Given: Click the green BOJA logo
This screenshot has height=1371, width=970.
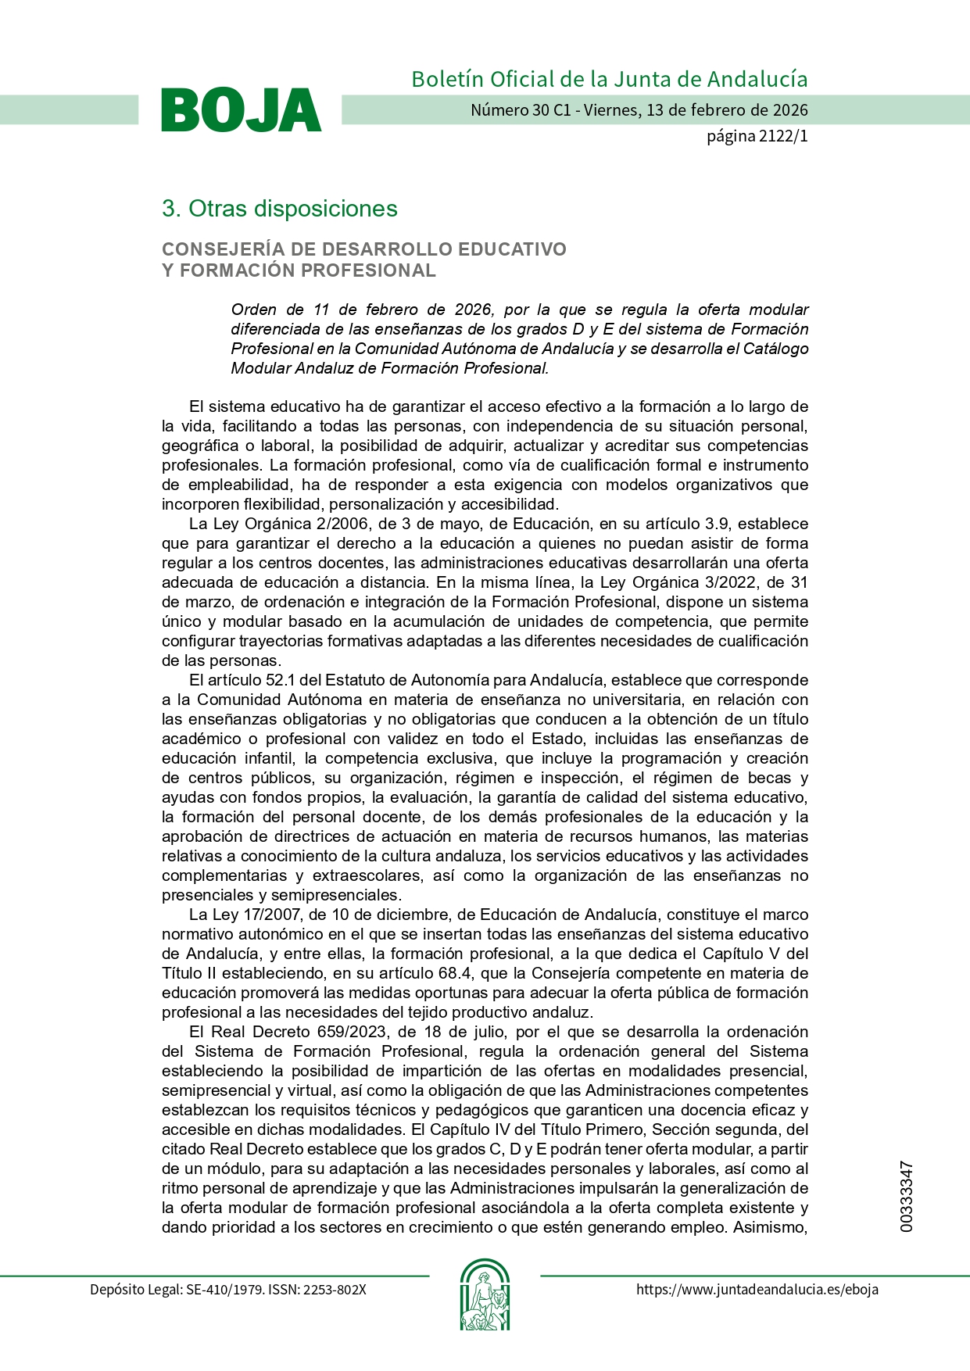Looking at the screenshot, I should (x=241, y=110).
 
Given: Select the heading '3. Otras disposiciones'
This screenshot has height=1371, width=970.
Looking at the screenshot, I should (x=279, y=209).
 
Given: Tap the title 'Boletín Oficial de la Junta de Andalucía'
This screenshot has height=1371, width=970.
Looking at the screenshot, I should (x=609, y=79).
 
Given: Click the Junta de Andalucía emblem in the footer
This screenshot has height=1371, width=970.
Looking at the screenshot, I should (x=485, y=1294).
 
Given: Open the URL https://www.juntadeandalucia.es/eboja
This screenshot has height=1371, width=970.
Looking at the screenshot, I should (x=757, y=1290).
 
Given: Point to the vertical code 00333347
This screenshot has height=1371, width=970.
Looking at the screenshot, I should (x=906, y=1197).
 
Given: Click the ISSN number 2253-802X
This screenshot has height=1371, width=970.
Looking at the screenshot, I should (x=335, y=1290).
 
